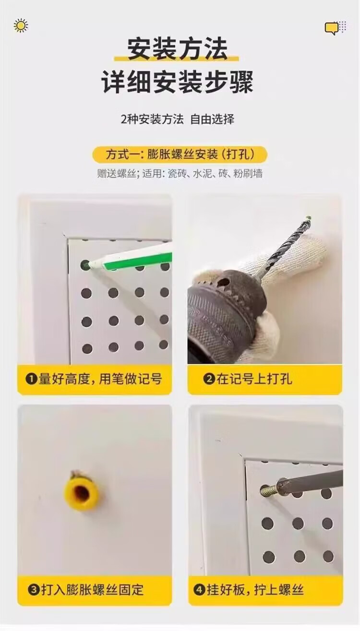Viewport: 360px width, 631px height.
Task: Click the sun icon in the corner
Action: coord(21,26)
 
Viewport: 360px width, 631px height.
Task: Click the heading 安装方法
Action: coord(177,49)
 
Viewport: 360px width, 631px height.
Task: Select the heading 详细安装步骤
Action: coord(177,82)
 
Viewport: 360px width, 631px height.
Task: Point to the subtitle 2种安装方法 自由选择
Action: coord(178,119)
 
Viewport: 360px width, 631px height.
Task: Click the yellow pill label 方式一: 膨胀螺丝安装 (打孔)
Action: coord(180,155)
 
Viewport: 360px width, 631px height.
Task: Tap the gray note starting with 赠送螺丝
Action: coord(180,174)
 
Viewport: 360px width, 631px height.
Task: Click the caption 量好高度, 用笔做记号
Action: coord(100,379)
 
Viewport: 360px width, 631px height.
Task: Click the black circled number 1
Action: coord(31,380)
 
